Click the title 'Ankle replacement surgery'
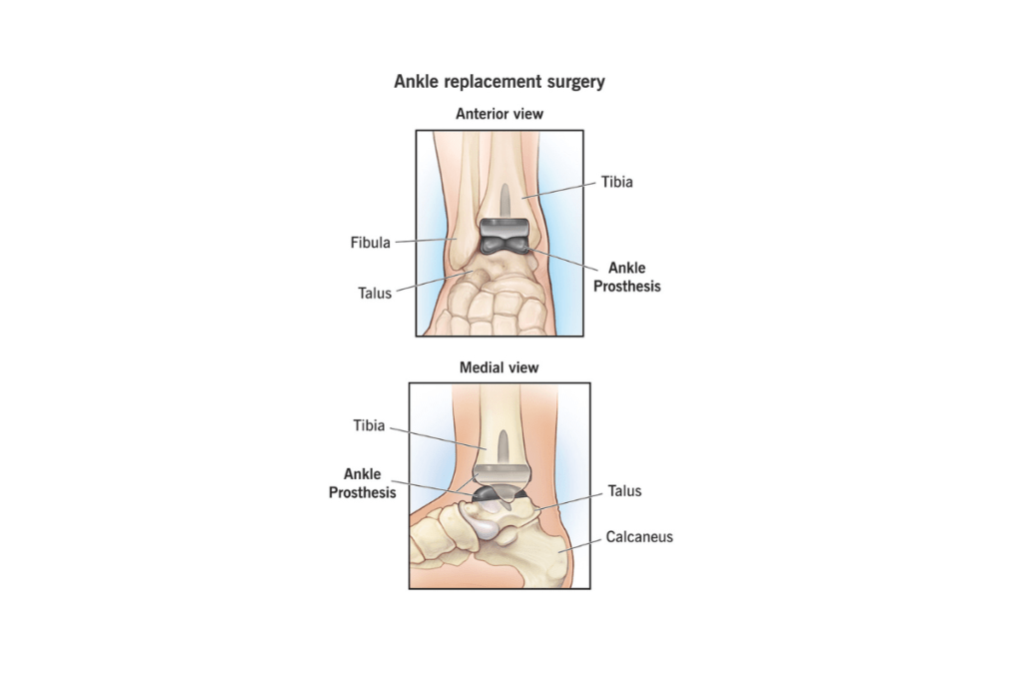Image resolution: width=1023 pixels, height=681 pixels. (500, 82)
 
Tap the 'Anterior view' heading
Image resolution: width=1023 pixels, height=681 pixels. (500, 114)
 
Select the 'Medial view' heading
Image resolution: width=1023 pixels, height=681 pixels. (500, 367)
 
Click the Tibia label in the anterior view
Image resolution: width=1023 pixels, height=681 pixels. (616, 182)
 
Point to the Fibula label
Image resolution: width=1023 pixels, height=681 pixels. (370, 243)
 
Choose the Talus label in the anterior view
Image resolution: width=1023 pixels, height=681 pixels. (375, 293)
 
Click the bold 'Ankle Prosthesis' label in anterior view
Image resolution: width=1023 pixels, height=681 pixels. (627, 277)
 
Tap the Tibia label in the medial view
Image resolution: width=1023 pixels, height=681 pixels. (369, 425)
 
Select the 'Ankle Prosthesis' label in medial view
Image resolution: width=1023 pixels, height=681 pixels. (362, 482)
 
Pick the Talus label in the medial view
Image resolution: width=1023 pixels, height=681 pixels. (624, 490)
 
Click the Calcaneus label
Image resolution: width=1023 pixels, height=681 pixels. (639, 537)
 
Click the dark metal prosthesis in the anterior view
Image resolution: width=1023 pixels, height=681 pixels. (505, 236)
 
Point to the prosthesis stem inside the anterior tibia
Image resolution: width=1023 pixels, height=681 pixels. (505, 201)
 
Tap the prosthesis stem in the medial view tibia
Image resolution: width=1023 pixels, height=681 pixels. (504, 447)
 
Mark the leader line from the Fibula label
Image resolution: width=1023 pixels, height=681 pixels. (426, 240)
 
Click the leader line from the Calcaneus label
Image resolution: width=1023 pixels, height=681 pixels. (579, 545)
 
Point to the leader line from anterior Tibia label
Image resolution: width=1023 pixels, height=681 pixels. (557, 189)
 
